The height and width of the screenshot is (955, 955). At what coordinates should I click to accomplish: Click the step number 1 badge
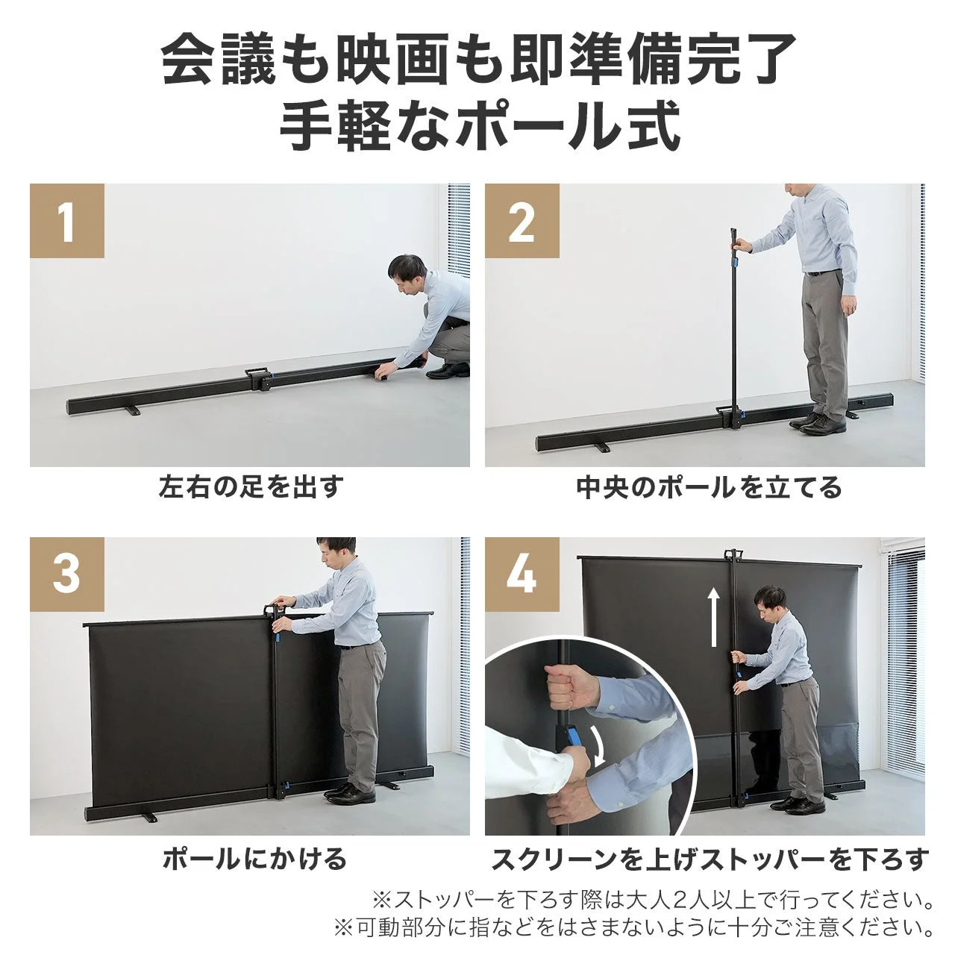point(67,222)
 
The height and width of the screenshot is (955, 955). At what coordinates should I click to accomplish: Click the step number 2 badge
point(522,222)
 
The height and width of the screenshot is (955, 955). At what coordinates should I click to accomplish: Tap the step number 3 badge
point(67,575)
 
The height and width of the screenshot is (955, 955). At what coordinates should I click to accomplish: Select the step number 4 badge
point(522,575)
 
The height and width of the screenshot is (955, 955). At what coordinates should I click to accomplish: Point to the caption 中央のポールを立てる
point(709,488)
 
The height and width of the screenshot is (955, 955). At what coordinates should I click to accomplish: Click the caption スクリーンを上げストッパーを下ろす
point(710,859)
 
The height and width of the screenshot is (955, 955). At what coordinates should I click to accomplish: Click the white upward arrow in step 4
point(714,616)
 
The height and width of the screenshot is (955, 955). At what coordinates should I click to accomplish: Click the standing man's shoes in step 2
point(818,424)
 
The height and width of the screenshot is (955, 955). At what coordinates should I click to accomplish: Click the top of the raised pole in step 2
point(732,237)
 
